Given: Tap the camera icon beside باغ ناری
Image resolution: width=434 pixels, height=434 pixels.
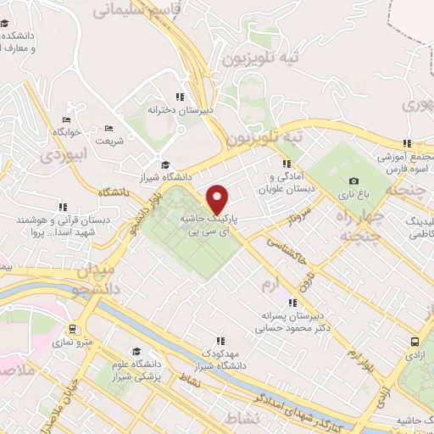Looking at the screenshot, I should point(353,181).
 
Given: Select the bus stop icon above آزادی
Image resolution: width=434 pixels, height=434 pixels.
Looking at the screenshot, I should point(415,342).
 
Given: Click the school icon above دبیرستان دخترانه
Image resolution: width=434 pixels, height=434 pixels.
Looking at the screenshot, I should point(179,97).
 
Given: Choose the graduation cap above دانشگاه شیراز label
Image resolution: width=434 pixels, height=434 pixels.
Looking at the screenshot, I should point(165,164).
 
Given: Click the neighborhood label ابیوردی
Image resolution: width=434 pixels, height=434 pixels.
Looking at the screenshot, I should point(64,156).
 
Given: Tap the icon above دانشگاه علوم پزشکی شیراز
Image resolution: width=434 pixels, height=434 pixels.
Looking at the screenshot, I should point(136,351).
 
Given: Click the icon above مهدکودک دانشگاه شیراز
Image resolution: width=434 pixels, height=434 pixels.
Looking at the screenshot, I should point(220,338).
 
